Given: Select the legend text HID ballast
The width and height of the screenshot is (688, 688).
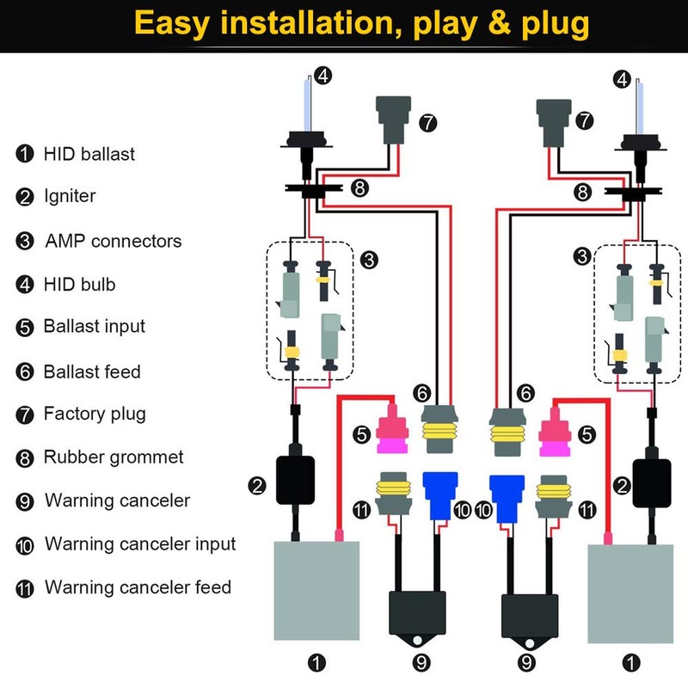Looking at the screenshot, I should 89,155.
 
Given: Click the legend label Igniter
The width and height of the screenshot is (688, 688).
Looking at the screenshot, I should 70,196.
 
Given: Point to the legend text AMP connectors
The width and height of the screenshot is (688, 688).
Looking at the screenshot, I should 113,241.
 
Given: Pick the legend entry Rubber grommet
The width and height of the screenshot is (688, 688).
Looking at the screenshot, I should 114,457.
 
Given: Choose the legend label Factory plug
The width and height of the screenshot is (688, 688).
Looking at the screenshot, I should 95,414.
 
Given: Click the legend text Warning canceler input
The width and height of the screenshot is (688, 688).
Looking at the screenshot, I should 139,544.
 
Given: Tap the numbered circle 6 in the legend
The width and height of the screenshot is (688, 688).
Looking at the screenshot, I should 25,372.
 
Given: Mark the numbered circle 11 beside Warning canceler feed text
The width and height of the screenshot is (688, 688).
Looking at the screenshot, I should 25,589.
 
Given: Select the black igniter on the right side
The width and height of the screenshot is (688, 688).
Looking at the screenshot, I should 651,481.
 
